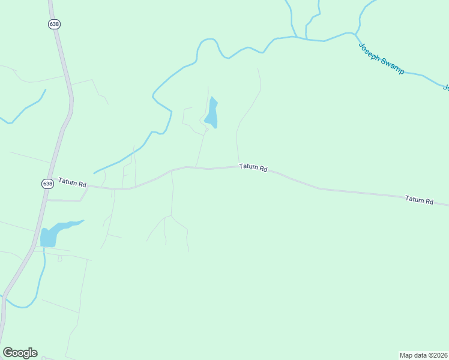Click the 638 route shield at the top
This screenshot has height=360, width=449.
click(55, 23)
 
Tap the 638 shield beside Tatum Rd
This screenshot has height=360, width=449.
click(48, 184)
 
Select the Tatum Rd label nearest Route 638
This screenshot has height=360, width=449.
click(72, 182)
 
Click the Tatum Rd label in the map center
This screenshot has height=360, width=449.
click(253, 167)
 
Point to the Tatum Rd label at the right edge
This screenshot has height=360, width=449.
click(419, 200)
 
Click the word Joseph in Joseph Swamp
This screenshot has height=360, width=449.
click(369, 52)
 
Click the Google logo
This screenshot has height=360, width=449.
click(20, 353)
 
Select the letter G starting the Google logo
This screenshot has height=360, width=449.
click(8, 353)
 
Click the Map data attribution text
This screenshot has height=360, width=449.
click(424, 355)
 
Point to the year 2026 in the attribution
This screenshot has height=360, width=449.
click(440, 355)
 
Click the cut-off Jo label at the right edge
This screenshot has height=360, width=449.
click(446, 88)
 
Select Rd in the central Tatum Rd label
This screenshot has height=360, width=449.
click(263, 169)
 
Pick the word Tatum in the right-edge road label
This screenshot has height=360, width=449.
click(414, 199)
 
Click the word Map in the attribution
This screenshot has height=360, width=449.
click(406, 355)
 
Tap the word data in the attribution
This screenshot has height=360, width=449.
click(420, 355)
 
